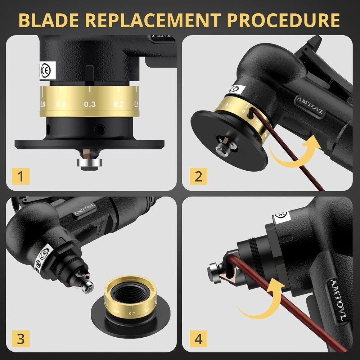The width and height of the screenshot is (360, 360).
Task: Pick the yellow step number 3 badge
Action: click(x=21, y=339)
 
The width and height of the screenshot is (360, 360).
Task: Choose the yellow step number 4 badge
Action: click(x=198, y=339)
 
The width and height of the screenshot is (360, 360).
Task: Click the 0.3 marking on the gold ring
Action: click(x=90, y=104)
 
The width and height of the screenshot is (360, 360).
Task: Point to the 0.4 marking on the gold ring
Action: click(x=61, y=104)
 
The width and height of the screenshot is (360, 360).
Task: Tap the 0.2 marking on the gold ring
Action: click(x=118, y=104)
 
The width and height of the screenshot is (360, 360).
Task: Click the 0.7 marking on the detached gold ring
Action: click(x=132, y=314)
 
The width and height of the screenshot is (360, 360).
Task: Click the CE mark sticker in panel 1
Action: click(x=45, y=70)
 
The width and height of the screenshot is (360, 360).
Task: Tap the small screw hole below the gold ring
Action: click(x=100, y=128)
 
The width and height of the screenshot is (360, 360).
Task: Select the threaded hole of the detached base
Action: click(x=130, y=294)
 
